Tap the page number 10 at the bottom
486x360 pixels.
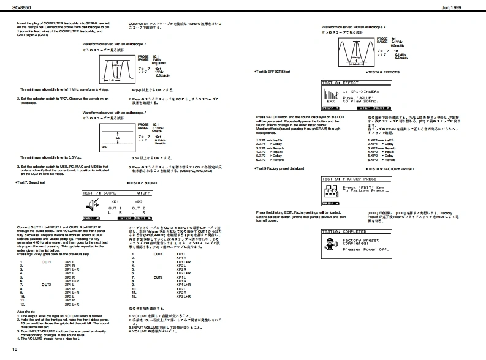tap(14, 349)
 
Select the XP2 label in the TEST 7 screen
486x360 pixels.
tap(138, 201)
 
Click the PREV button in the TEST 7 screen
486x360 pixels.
tap(90, 217)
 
